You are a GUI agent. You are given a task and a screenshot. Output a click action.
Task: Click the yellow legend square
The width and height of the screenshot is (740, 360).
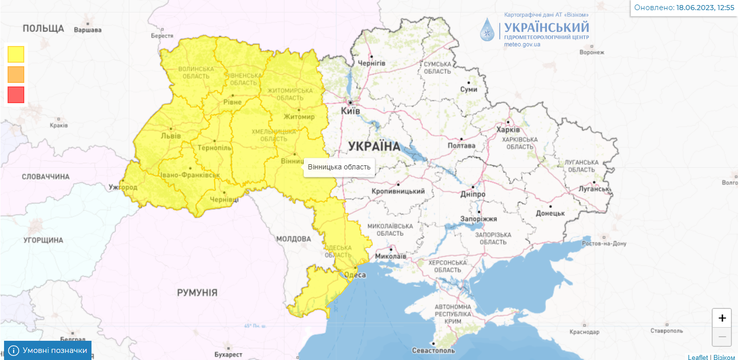16,54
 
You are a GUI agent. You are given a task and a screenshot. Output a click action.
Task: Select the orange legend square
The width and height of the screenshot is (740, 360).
16,74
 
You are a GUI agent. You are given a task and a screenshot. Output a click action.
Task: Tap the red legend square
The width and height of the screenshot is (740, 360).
16,95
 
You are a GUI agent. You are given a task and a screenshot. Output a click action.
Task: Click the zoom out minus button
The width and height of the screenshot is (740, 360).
722,337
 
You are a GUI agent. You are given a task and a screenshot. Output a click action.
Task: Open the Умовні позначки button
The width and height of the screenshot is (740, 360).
48,350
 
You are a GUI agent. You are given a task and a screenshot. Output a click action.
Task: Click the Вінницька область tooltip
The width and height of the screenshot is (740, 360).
339,167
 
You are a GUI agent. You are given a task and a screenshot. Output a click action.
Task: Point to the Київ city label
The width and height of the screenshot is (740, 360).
350,111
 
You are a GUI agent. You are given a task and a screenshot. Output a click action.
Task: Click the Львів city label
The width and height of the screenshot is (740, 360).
169,136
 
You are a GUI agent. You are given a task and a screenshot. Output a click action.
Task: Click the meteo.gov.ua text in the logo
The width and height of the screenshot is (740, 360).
522,44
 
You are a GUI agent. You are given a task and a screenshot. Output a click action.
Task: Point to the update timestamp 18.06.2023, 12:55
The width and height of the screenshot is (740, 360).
705,8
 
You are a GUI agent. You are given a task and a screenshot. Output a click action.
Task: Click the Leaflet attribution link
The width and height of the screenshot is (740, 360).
698,357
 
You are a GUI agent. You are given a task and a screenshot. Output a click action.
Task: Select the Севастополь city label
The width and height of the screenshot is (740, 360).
433,350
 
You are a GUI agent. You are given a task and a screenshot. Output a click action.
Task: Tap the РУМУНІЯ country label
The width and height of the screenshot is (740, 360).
197,293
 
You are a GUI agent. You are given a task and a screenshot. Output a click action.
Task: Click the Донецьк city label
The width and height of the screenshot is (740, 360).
550,213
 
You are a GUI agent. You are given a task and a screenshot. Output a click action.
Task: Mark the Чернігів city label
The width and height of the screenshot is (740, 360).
372,63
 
